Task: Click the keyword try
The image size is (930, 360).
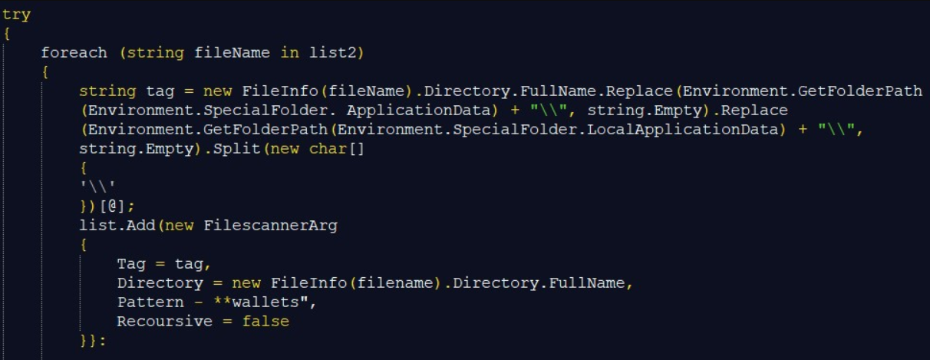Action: click(x=16, y=15)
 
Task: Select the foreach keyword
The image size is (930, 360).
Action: click(x=74, y=53)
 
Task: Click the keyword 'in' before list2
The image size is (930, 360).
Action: click(x=290, y=53)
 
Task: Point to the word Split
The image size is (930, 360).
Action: click(x=236, y=149)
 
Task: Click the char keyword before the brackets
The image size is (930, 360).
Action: click(x=328, y=149)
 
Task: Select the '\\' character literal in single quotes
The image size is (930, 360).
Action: click(x=97, y=187)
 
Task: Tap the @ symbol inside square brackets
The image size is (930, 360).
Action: click(x=112, y=206)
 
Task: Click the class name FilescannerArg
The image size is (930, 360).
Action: click(x=271, y=226)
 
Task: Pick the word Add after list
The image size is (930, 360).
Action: click(x=140, y=226)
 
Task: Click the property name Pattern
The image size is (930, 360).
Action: click(x=150, y=302)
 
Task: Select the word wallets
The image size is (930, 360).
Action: click(x=265, y=302)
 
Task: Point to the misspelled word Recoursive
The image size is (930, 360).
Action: click(x=165, y=322)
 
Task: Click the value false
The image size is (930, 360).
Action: click(x=265, y=322)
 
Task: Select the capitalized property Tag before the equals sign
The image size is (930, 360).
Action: click(x=131, y=264)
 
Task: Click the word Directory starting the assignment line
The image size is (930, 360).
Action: click(x=160, y=283)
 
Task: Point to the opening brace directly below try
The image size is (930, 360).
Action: click(x=7, y=34)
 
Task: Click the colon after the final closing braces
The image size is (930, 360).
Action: click(x=102, y=342)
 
